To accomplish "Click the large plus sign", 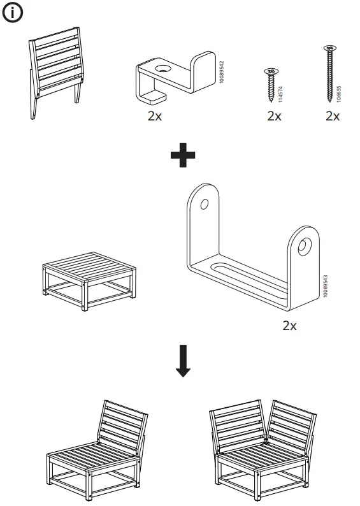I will [x=183, y=155].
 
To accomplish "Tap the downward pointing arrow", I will [x=183, y=362].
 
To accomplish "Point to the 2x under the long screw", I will [x=332, y=116].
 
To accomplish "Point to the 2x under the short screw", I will [x=274, y=116].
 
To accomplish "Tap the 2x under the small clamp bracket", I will [x=154, y=117].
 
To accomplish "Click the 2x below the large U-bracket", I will [x=289, y=326].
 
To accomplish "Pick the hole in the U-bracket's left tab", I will [x=204, y=205].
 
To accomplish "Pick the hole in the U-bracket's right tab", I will [x=305, y=244].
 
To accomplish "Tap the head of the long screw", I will [x=330, y=47].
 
